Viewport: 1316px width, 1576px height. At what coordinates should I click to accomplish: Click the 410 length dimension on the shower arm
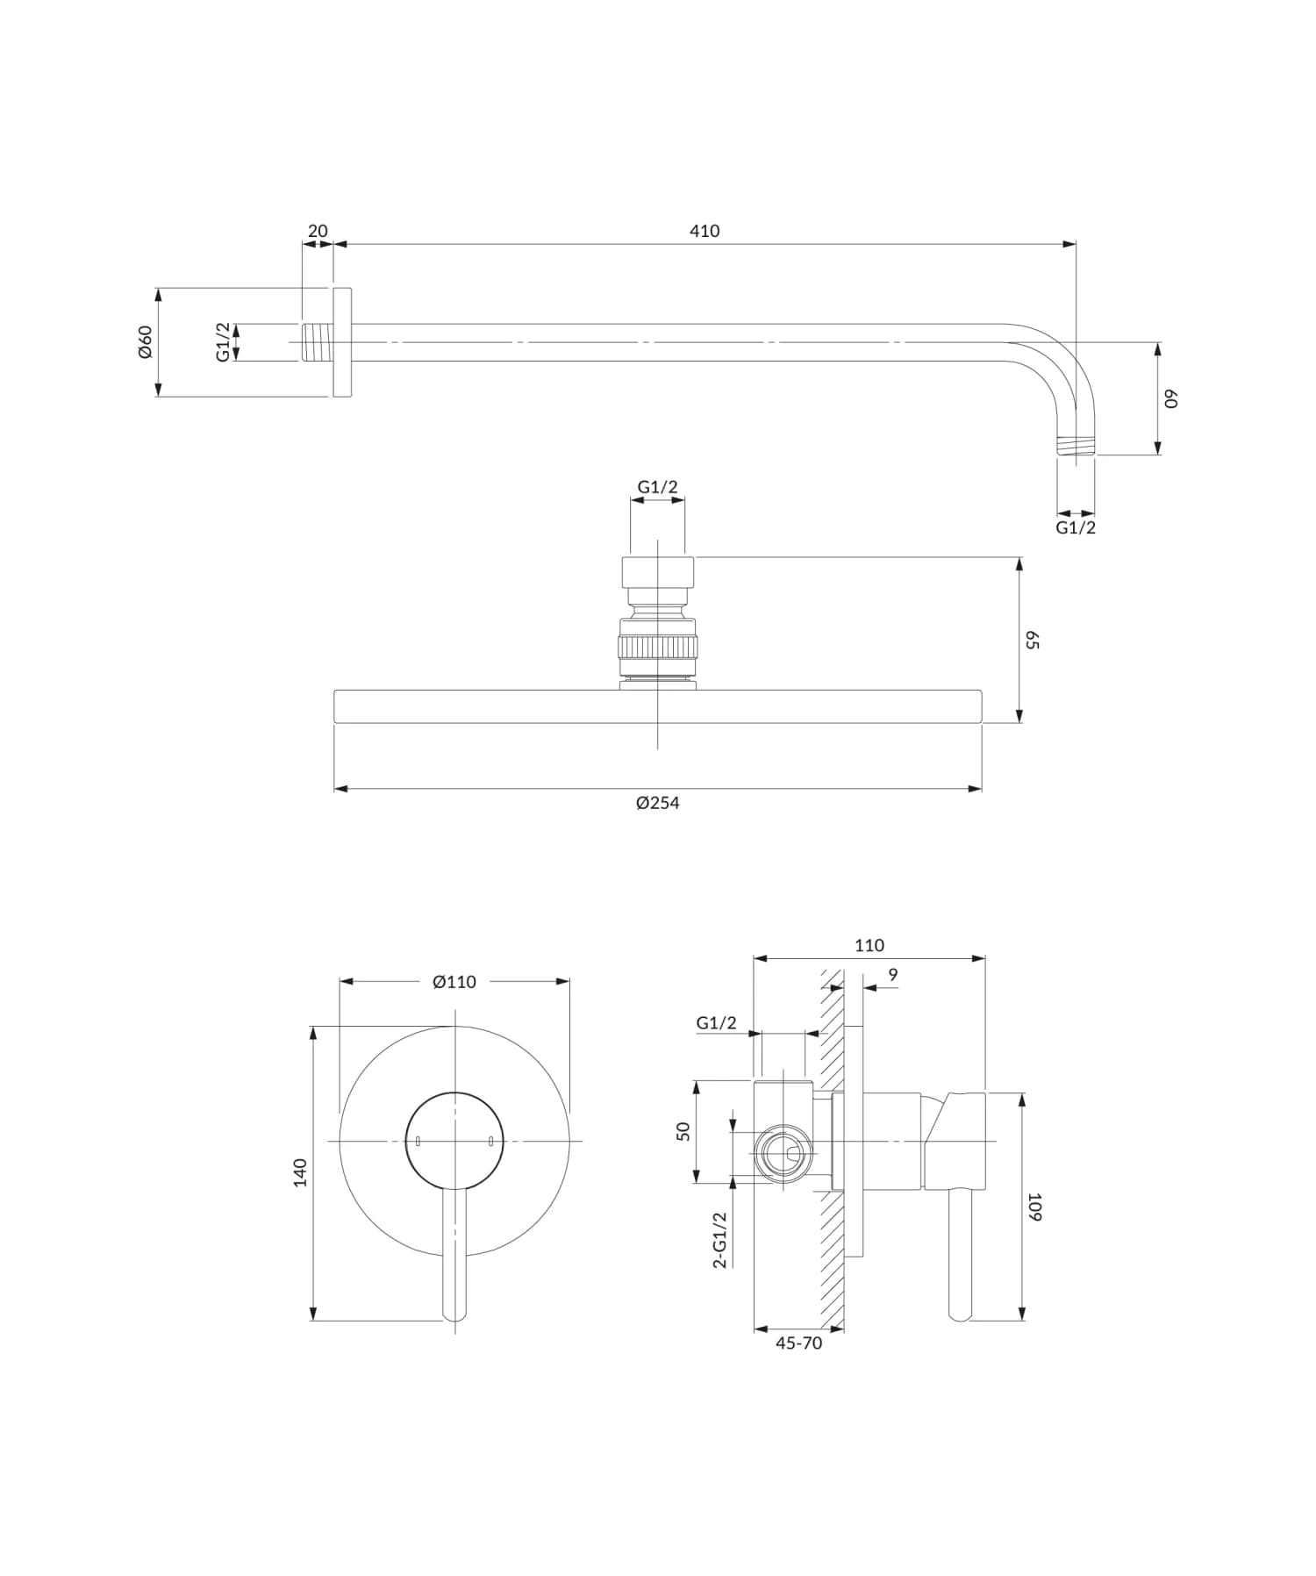tap(704, 231)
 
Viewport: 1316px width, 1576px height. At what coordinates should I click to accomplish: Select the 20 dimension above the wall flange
tap(318, 231)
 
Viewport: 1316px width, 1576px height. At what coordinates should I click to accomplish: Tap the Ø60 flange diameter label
tap(146, 341)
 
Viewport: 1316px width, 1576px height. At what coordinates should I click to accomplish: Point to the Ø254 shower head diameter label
tap(658, 802)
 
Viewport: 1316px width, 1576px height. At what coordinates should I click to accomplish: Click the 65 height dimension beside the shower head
tap(1032, 639)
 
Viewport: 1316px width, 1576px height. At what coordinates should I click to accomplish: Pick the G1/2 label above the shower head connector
tap(657, 487)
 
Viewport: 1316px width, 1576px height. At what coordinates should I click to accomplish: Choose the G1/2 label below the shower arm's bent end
tap(1076, 527)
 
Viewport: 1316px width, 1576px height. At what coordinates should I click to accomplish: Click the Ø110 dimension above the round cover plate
tap(454, 982)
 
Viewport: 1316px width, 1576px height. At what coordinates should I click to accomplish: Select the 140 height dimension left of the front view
tap(301, 1172)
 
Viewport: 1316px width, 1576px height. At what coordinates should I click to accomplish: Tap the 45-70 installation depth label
tap(798, 1343)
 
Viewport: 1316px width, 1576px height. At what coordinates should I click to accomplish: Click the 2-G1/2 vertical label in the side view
tap(720, 1239)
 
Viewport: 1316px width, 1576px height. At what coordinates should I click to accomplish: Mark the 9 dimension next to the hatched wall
tap(893, 975)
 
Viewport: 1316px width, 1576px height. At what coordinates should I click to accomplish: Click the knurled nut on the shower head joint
tap(658, 648)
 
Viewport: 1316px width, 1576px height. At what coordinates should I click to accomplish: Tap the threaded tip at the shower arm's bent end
tap(1076, 446)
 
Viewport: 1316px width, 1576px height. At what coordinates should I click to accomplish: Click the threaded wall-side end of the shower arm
tap(317, 342)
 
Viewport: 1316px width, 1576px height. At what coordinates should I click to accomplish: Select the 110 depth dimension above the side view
tap(869, 945)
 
